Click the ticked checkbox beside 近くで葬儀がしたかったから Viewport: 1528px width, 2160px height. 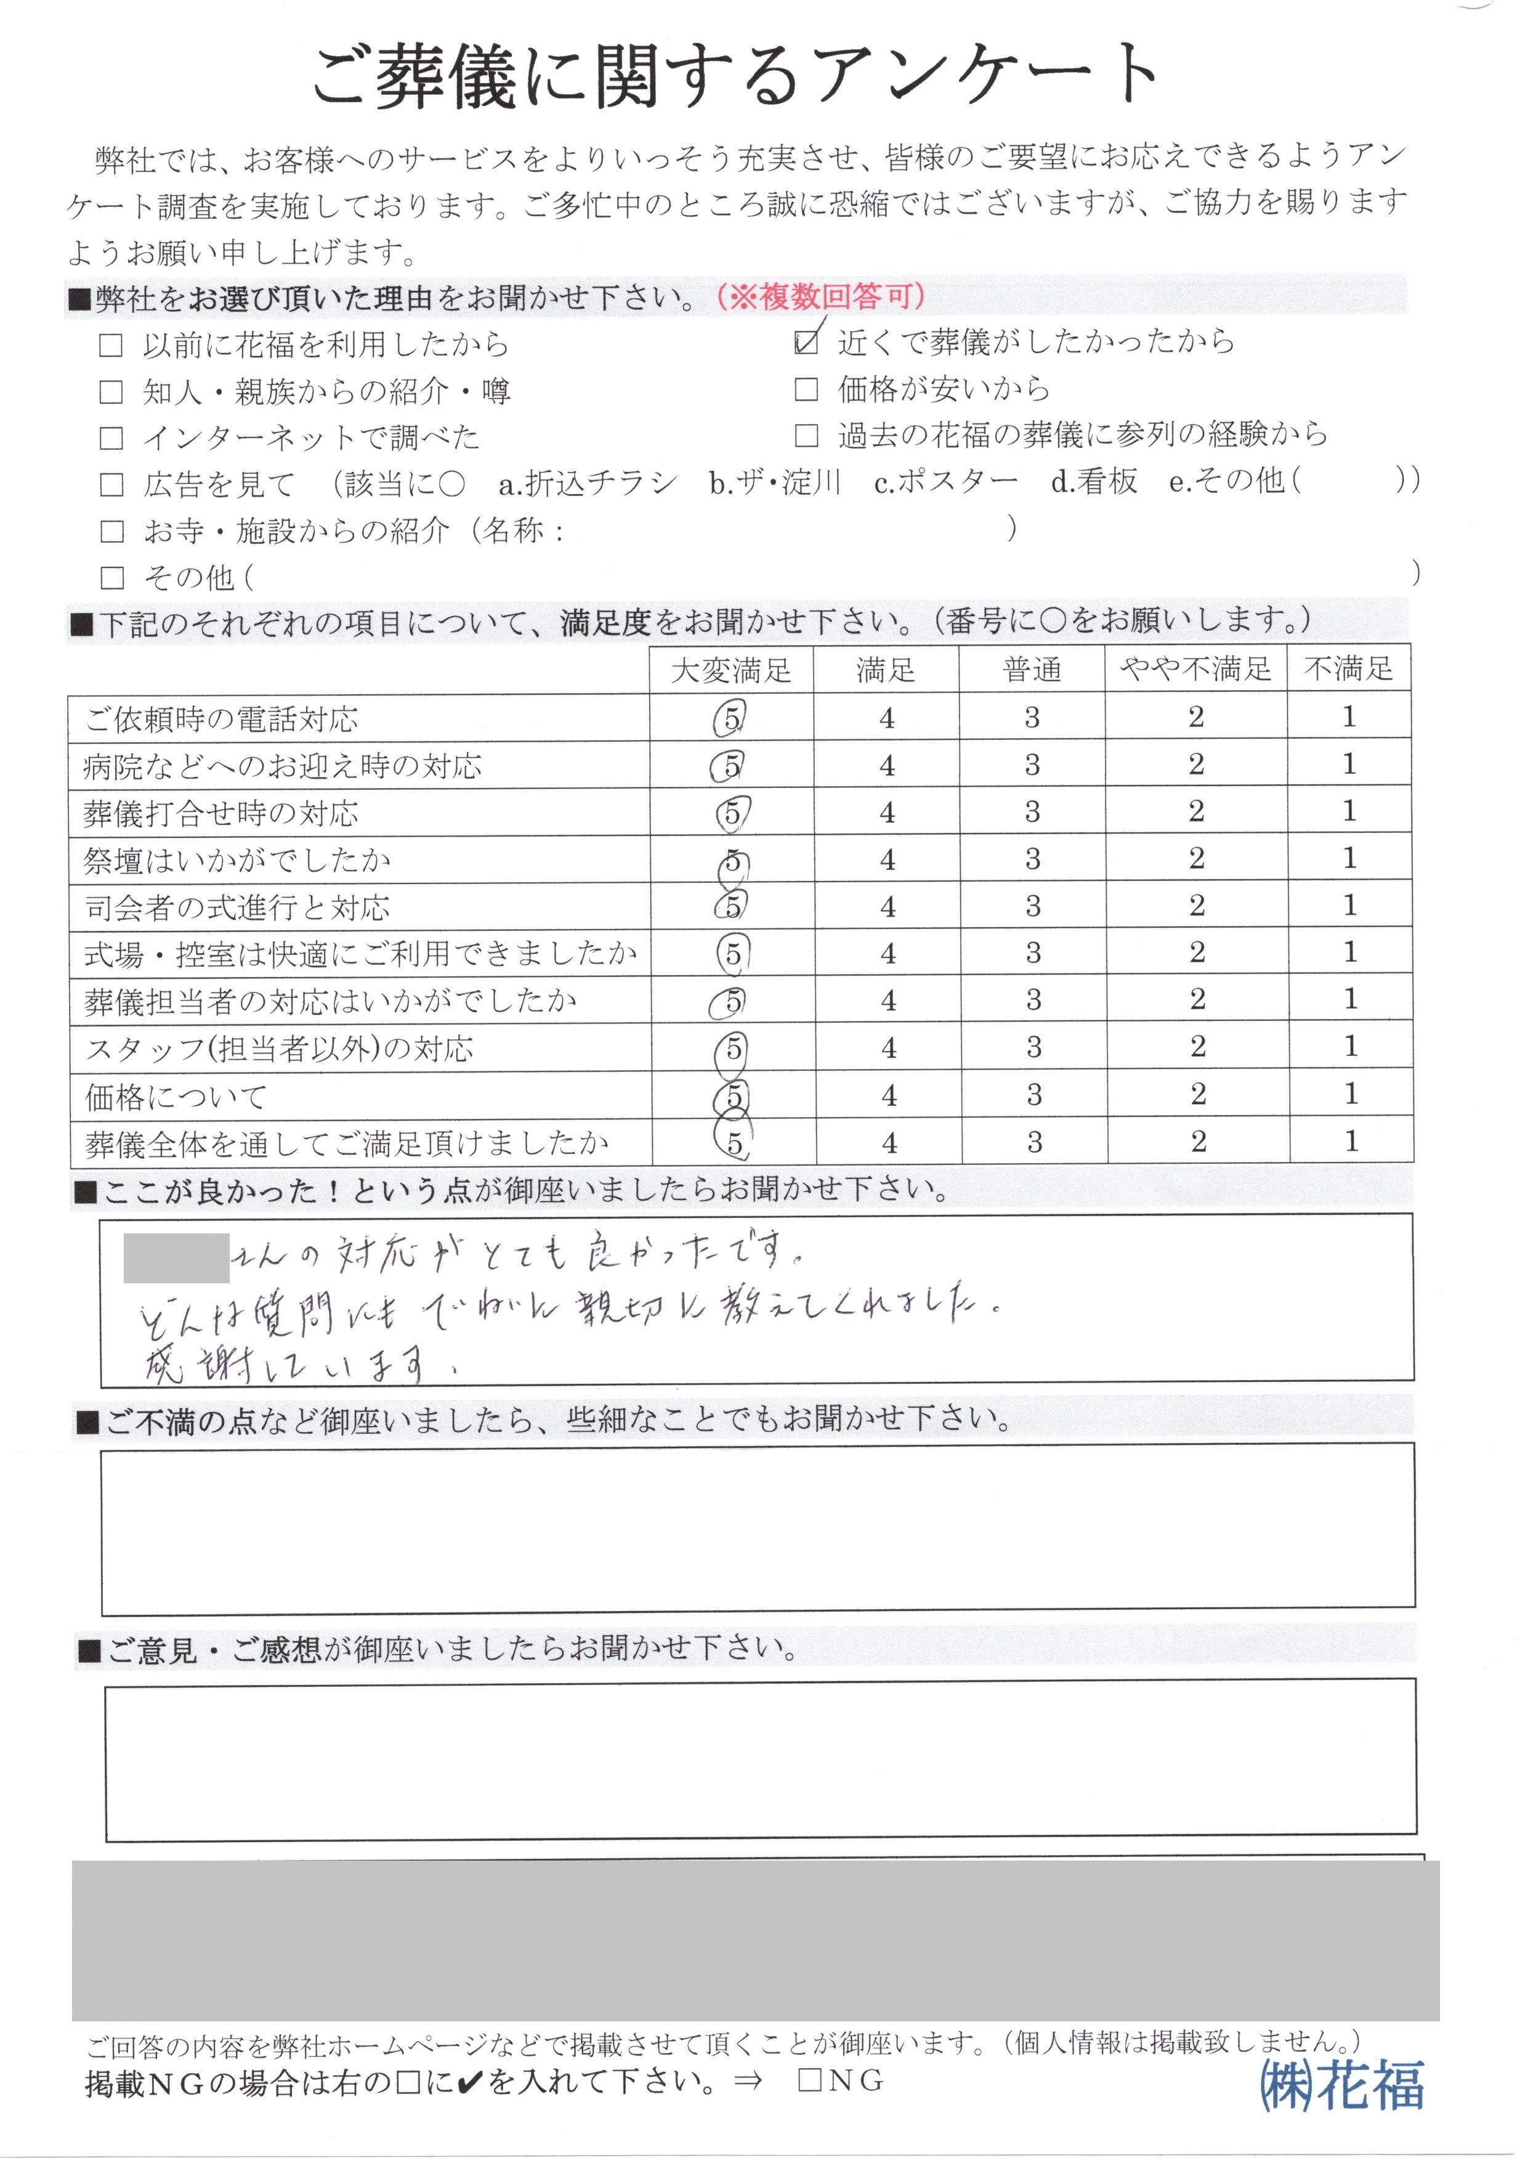click(806, 343)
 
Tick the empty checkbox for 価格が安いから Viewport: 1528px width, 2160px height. click(806, 389)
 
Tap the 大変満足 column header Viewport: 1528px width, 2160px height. click(731, 670)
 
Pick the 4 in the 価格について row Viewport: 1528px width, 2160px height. click(888, 1095)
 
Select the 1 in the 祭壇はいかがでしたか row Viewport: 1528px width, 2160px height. click(1349, 858)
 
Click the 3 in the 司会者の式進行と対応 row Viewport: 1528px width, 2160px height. click(1033, 906)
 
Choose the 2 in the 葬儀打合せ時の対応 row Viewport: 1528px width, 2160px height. click(1196, 811)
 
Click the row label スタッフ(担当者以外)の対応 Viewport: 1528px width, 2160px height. click(280, 1049)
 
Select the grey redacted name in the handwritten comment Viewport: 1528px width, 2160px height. click(177, 1257)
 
